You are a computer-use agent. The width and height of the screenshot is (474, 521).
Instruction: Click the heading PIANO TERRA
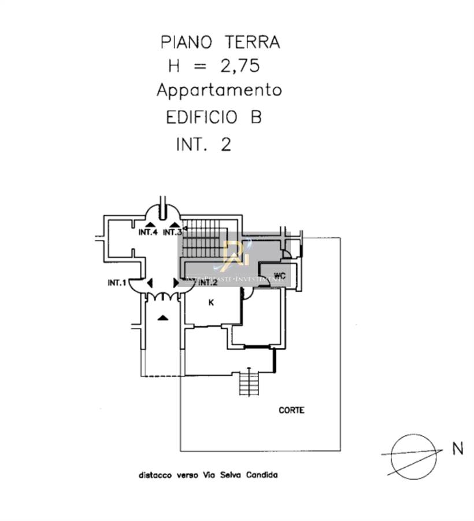(220, 42)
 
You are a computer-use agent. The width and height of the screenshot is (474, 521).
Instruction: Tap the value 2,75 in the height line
(239, 66)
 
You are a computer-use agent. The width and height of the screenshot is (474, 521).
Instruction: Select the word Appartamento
(219, 90)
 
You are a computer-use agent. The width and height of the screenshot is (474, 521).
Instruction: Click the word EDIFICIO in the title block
(202, 118)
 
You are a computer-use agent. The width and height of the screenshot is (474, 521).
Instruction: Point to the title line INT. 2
(203, 144)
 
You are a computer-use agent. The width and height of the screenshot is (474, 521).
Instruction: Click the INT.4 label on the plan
(149, 233)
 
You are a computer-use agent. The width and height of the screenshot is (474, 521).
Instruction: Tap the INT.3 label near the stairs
(172, 233)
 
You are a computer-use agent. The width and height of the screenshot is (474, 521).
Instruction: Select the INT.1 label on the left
(117, 283)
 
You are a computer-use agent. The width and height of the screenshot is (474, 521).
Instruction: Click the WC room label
(280, 274)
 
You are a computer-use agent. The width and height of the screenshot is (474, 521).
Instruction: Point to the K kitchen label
(211, 302)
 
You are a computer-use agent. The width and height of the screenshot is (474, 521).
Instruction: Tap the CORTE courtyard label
(291, 410)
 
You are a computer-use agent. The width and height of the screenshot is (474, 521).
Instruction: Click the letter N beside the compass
(458, 449)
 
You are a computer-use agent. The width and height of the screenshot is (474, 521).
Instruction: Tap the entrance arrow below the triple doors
(164, 317)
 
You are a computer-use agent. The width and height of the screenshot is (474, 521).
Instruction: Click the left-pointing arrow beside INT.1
(150, 283)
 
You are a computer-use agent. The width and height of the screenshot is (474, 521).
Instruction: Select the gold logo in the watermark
(234, 255)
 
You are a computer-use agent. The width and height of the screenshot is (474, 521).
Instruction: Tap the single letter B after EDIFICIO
(255, 118)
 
